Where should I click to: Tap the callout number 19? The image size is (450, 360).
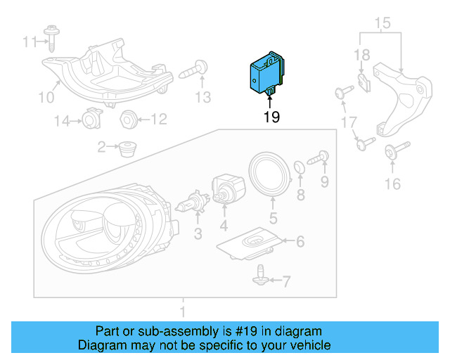point(272,117)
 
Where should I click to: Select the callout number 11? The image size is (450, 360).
point(28,42)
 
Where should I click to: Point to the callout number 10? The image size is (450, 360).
point(45,97)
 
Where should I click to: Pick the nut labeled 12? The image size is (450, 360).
point(127,119)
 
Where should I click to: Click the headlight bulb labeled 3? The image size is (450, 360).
point(188,205)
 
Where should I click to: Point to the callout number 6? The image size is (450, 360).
point(300,242)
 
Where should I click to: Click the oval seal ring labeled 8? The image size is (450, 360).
point(299,168)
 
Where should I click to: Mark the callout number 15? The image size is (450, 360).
point(381,24)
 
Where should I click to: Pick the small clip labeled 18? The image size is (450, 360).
point(362,83)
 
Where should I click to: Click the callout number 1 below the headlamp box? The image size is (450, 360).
point(184,310)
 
